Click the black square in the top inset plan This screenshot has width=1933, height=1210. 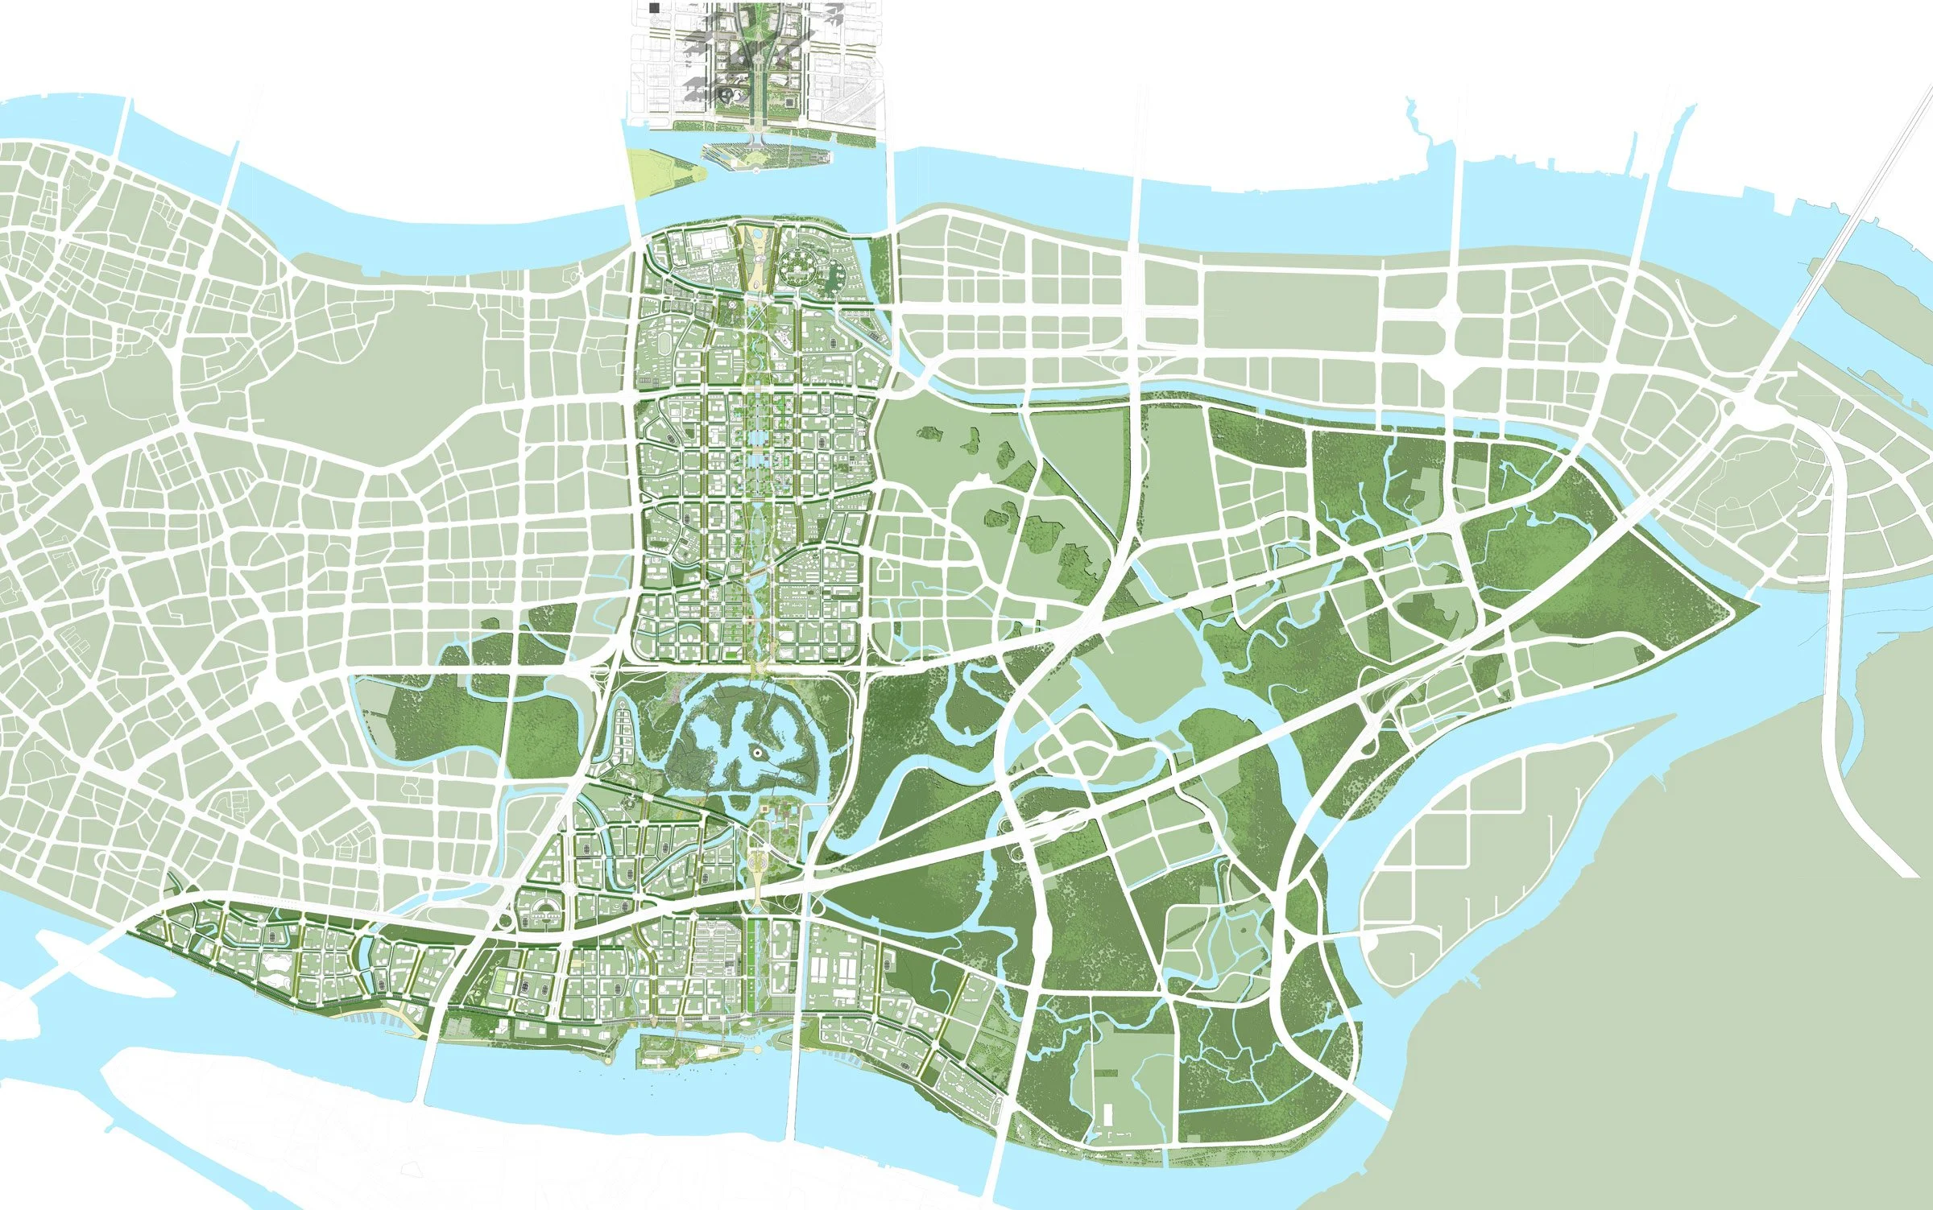[x=654, y=7]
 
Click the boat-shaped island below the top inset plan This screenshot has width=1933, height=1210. [x=761, y=156]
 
